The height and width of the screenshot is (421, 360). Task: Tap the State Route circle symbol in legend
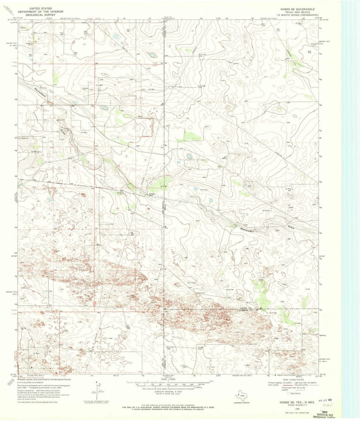pyautogui.click(x=284, y=393)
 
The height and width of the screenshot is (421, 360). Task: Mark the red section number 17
pyautogui.click(x=151, y=168)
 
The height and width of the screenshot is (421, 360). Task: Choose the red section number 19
pyautogui.click(x=118, y=208)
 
